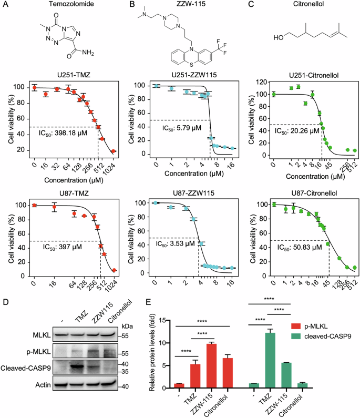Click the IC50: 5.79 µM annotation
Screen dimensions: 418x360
(x=176, y=128)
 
